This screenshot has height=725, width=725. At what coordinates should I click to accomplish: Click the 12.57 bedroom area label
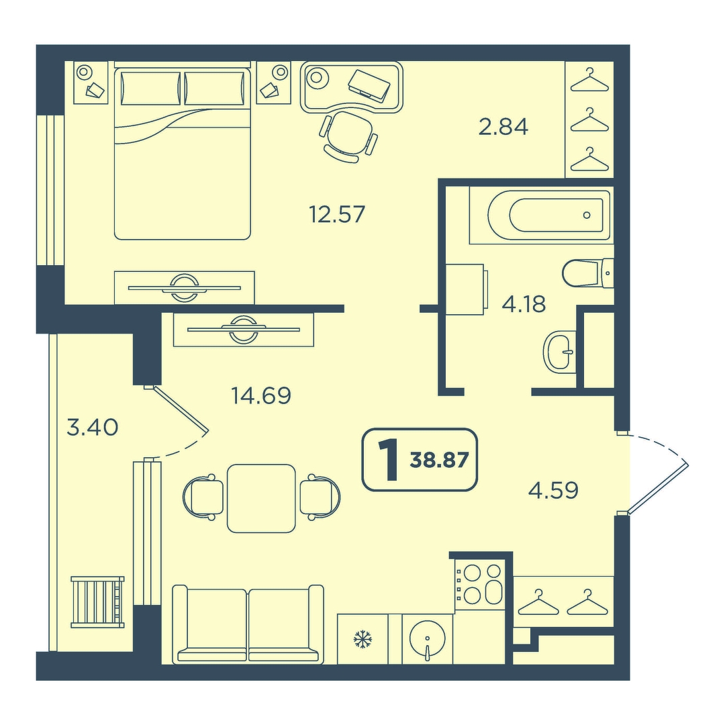pos(337,214)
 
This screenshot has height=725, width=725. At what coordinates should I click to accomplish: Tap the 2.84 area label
pos(503,127)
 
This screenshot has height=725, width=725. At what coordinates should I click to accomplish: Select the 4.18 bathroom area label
pos(524,304)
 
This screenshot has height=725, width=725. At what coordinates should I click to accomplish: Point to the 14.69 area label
pos(261,395)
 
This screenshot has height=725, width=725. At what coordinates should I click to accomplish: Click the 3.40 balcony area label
pos(93,428)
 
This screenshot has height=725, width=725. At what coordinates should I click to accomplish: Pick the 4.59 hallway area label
pos(553,490)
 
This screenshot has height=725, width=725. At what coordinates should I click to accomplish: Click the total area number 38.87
pos(439,461)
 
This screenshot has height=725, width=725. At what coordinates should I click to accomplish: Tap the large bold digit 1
pos(388,460)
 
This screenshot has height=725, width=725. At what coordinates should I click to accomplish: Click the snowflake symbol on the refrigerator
pos(362,640)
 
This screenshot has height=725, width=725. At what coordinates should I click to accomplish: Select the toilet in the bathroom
pos(588,274)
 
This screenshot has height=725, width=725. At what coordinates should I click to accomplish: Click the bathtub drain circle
pos(587,215)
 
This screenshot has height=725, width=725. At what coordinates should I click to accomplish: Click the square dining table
pos(261,498)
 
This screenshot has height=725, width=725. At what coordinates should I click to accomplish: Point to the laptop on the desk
pos(369,85)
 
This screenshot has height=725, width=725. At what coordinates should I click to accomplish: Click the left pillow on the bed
pos(151,88)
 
